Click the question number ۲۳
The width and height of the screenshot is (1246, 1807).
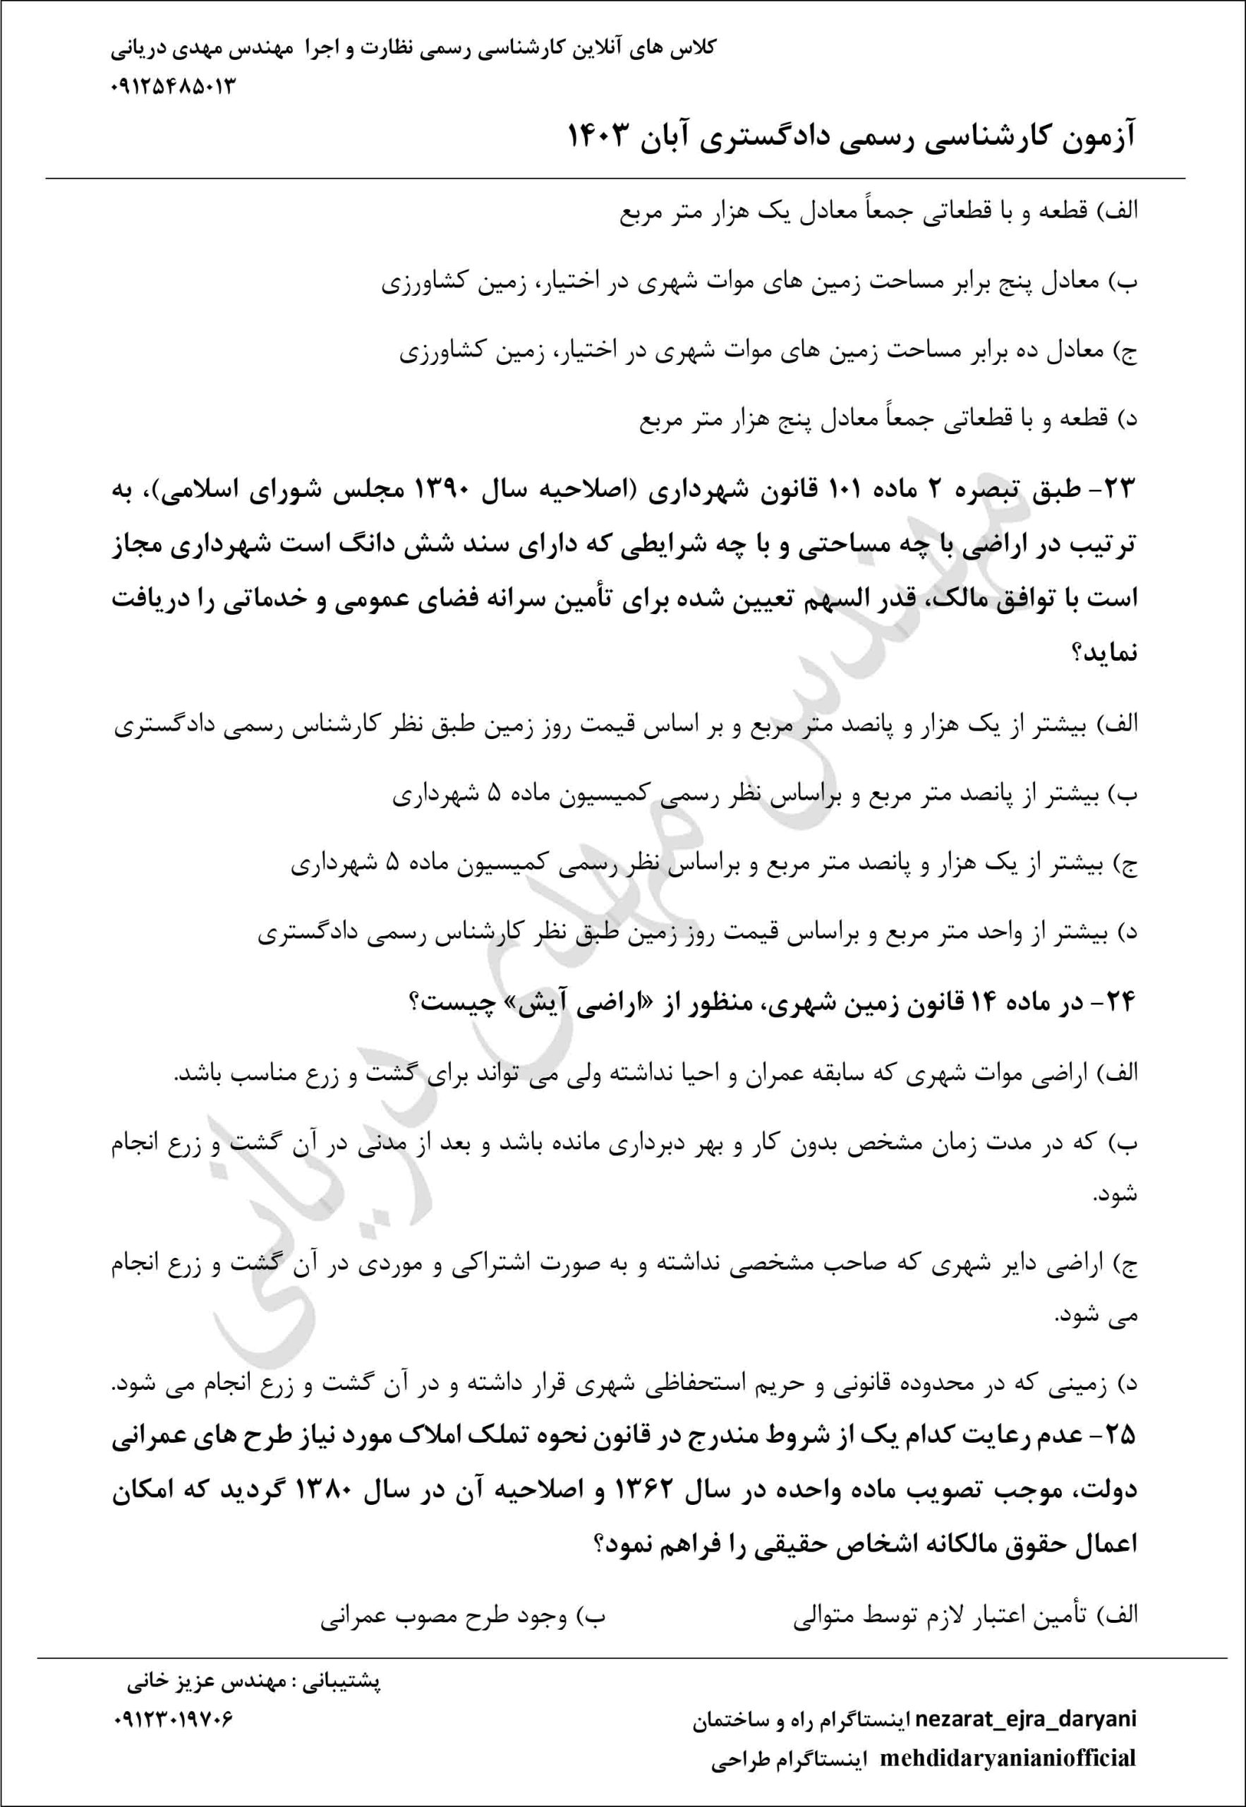[1122, 491]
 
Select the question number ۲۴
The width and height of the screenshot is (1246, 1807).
[1121, 1003]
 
